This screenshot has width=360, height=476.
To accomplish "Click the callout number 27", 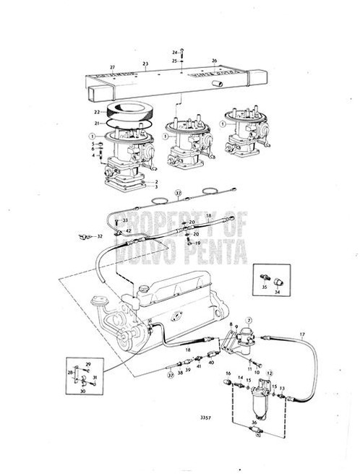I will (x=112, y=66).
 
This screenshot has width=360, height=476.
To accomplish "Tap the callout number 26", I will (x=214, y=60).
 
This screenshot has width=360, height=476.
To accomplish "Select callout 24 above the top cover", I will (x=174, y=53).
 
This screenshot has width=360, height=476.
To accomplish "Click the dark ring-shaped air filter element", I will (x=129, y=116).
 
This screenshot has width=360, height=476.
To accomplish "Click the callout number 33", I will (x=125, y=220).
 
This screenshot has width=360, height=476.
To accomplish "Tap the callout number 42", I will (x=128, y=230).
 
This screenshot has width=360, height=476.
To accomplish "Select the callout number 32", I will (x=100, y=236).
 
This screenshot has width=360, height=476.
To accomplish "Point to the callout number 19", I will (x=197, y=243).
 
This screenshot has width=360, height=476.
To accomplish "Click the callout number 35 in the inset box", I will (x=265, y=287).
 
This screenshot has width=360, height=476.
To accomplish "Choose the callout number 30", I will (x=83, y=390).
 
